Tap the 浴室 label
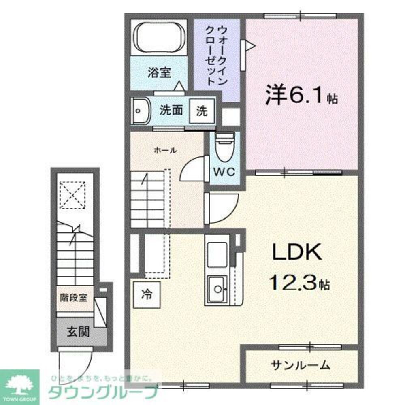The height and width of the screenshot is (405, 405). (x=159, y=73)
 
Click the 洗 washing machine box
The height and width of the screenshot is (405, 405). (x=202, y=111)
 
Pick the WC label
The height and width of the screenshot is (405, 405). (x=224, y=172)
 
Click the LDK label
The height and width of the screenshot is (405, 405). (x=296, y=253)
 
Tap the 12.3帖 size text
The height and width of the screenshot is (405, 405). (x=300, y=283)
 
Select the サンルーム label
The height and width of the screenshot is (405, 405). (x=301, y=365)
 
